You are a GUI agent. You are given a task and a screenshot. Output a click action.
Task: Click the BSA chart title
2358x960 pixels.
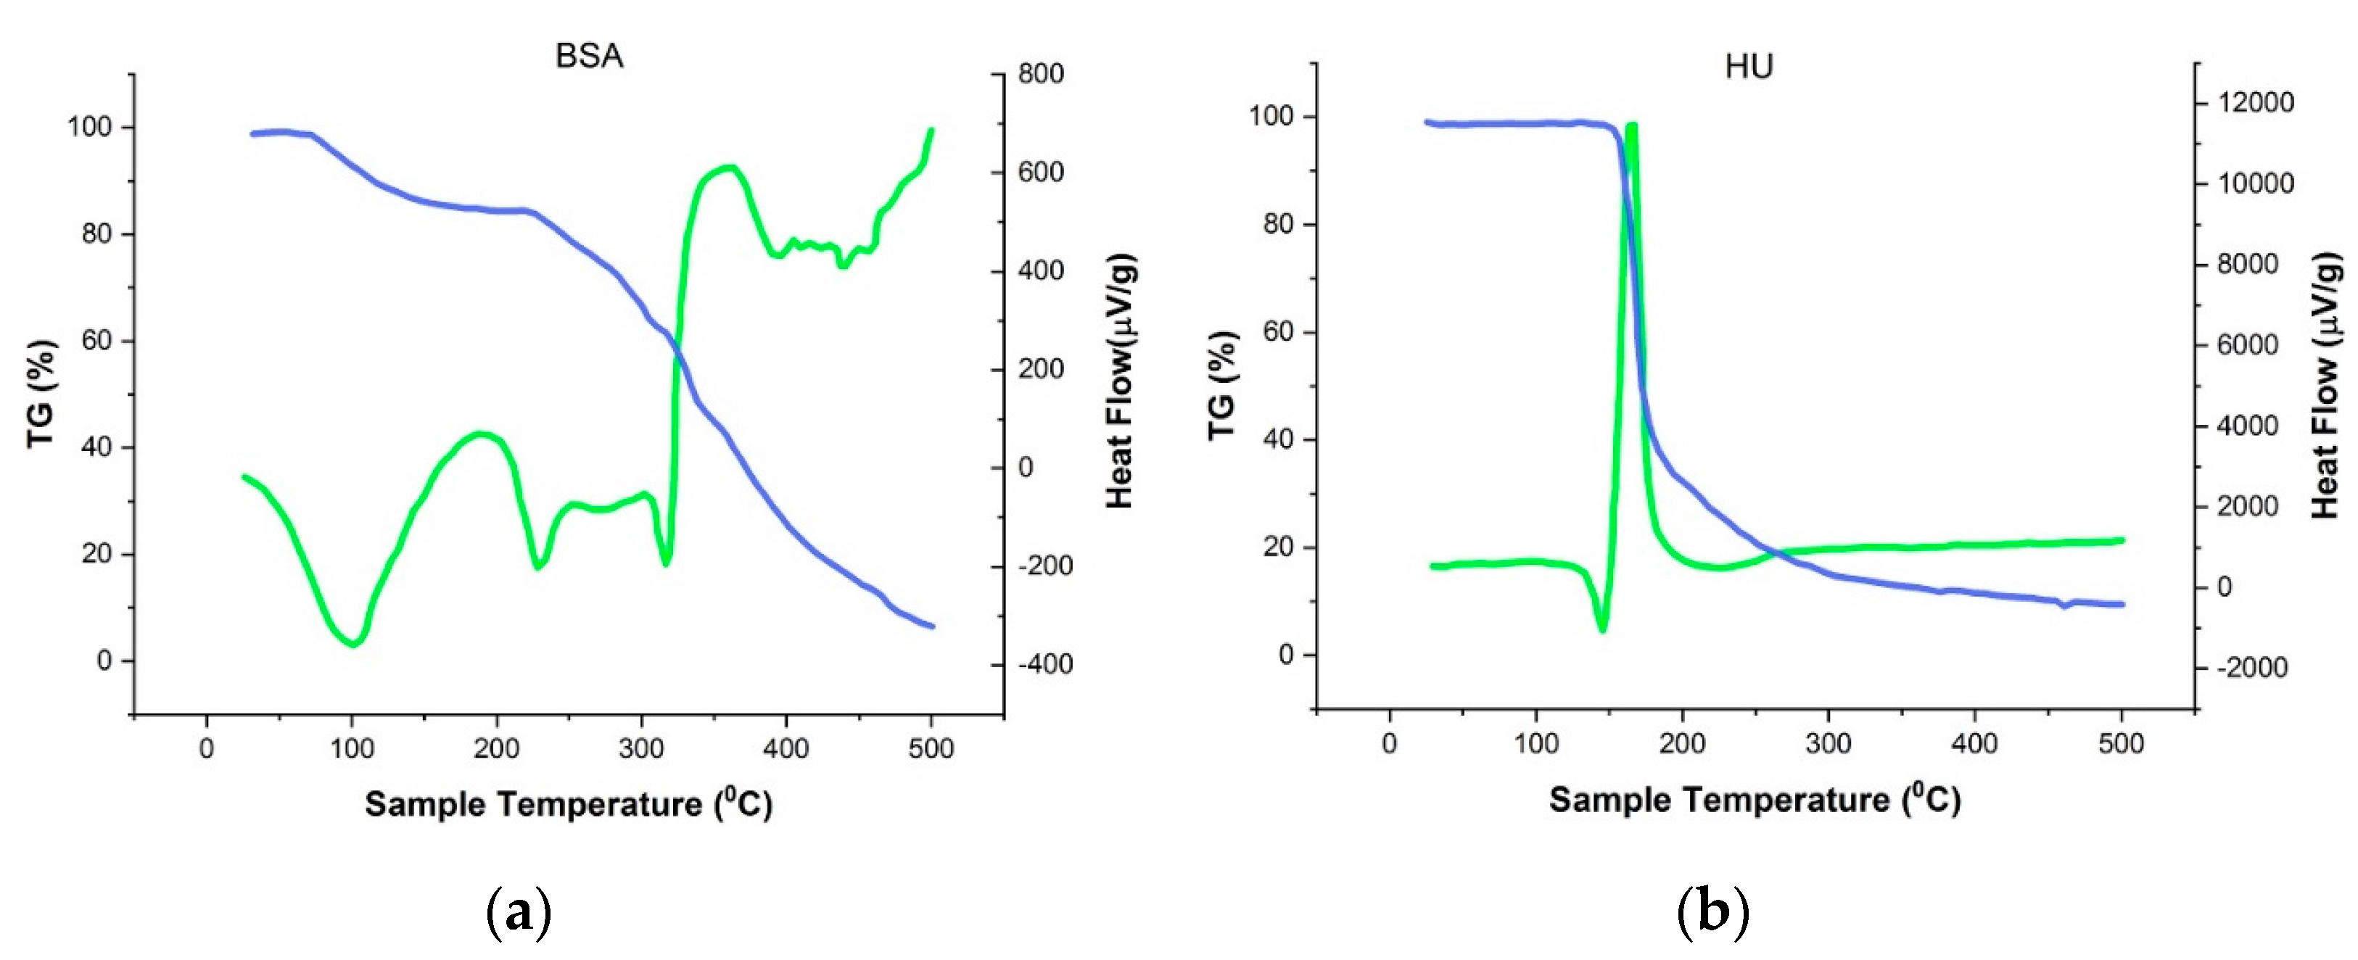point(588,56)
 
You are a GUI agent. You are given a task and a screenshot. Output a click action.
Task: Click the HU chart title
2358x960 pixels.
point(1748,67)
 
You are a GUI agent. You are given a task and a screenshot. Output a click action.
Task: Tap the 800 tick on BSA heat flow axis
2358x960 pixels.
point(1041,73)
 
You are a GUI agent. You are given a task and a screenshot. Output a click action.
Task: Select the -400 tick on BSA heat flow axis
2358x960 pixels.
point(1044,663)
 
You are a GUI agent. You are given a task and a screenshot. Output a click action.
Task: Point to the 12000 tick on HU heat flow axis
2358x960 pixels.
point(2254,102)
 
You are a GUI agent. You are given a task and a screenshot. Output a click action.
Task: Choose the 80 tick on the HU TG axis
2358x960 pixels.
point(1278,224)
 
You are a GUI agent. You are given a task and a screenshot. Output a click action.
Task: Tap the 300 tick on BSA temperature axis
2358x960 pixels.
point(640,748)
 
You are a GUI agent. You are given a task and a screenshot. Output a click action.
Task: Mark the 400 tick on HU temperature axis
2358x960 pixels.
point(1974,743)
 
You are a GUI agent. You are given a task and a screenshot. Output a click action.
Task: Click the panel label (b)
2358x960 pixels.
point(1712,911)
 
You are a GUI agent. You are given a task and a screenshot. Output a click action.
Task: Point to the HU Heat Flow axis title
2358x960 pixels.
point(2326,388)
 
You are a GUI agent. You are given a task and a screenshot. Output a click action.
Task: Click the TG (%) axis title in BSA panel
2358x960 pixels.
point(41,394)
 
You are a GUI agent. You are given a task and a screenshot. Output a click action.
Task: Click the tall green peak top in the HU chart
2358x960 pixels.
point(1631,125)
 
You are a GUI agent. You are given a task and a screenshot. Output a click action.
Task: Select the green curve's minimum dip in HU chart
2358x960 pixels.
point(1603,629)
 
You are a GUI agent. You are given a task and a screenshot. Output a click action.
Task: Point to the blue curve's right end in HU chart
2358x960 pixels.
point(2121,604)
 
